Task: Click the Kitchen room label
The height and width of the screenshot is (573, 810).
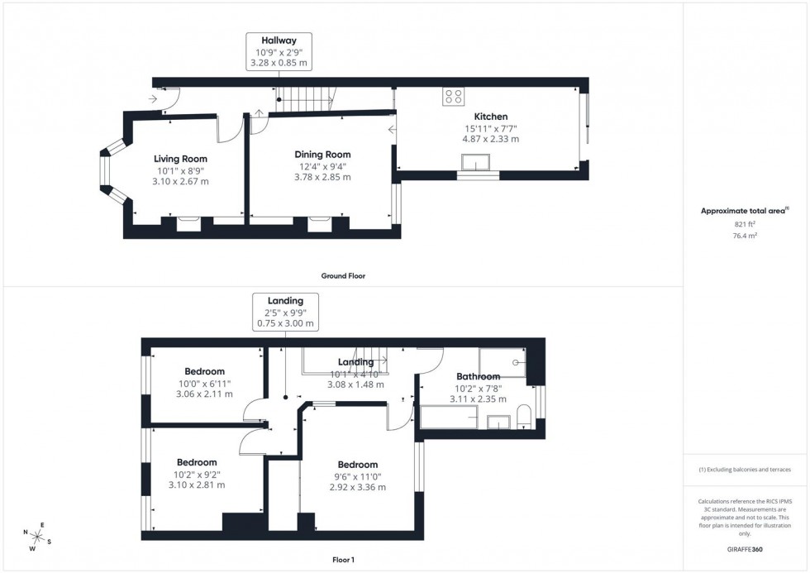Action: click(x=490, y=117)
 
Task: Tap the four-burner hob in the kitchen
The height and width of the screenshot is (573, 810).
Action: click(x=452, y=97)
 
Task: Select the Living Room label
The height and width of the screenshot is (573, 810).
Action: click(x=180, y=159)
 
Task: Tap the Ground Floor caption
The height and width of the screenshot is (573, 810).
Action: click(x=343, y=275)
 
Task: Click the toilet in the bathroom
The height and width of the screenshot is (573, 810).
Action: click(x=524, y=416)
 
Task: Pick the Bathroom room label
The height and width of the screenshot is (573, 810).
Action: click(x=478, y=376)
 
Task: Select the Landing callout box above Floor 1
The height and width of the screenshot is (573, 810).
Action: click(x=285, y=312)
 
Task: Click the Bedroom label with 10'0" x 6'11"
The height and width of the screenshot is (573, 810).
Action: click(x=204, y=372)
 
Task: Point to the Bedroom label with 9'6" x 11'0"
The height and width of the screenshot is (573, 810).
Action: click(x=357, y=465)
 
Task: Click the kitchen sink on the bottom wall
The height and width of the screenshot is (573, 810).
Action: click(x=478, y=175)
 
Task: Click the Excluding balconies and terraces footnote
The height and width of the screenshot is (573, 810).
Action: click(x=745, y=470)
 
